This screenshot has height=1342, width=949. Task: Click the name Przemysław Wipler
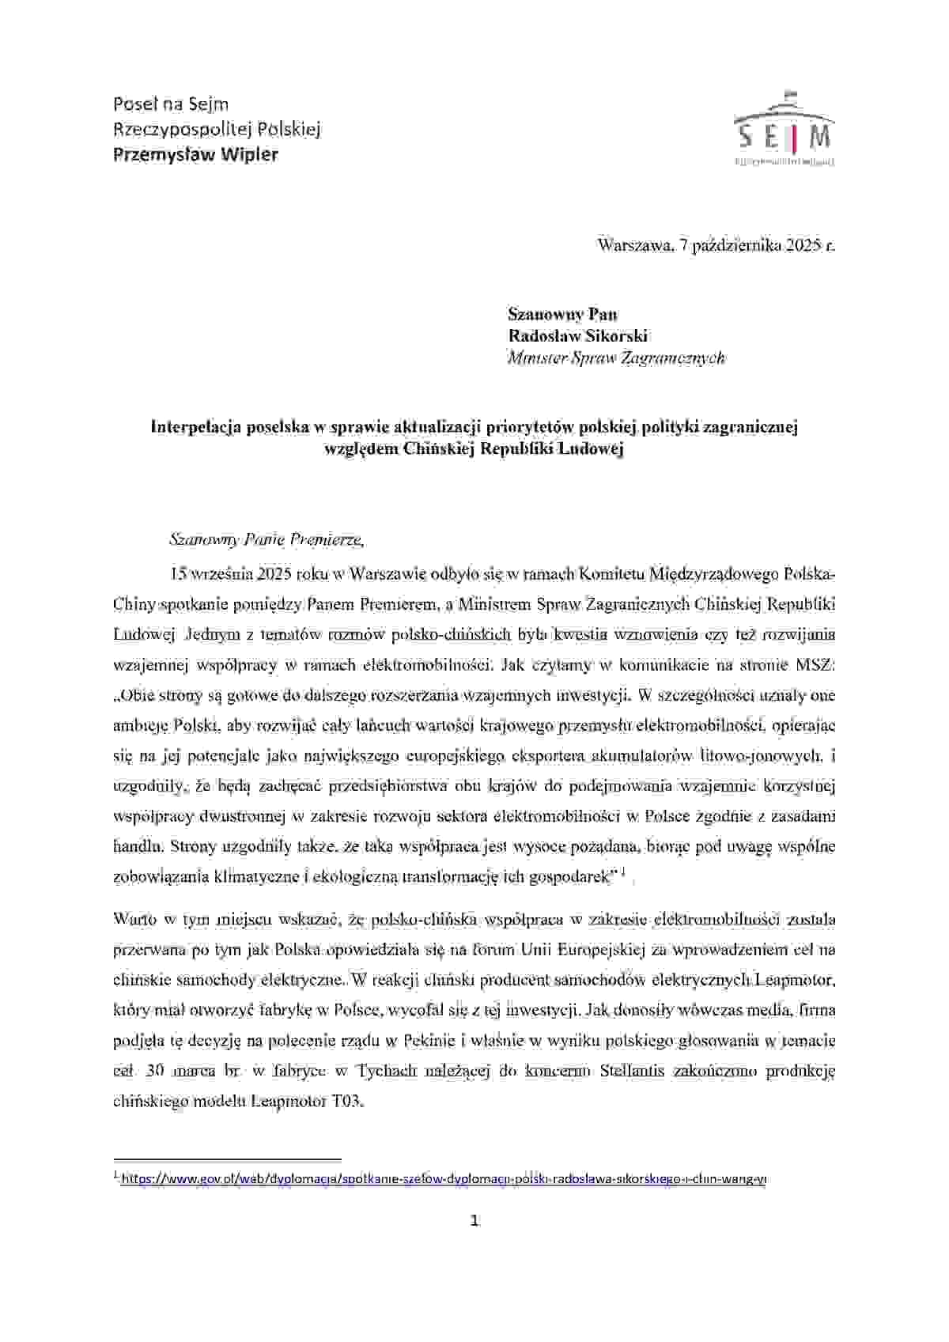pos(196,154)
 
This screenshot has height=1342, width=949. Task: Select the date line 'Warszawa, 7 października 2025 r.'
pos(716,245)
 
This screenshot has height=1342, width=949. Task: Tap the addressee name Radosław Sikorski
pos(578,336)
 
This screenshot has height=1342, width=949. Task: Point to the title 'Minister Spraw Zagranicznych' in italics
pos(616,358)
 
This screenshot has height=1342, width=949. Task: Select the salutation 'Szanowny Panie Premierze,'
pos(267,540)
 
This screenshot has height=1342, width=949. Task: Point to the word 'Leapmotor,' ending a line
pos(795,980)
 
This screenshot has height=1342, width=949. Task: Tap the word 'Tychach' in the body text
pos(384,1072)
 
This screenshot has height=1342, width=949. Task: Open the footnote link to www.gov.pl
pos(443,1178)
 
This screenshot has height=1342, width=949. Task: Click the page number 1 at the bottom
pos(475,1221)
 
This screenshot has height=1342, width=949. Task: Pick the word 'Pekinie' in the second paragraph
pos(428,1041)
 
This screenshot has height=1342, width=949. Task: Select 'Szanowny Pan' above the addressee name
pos(562,314)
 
